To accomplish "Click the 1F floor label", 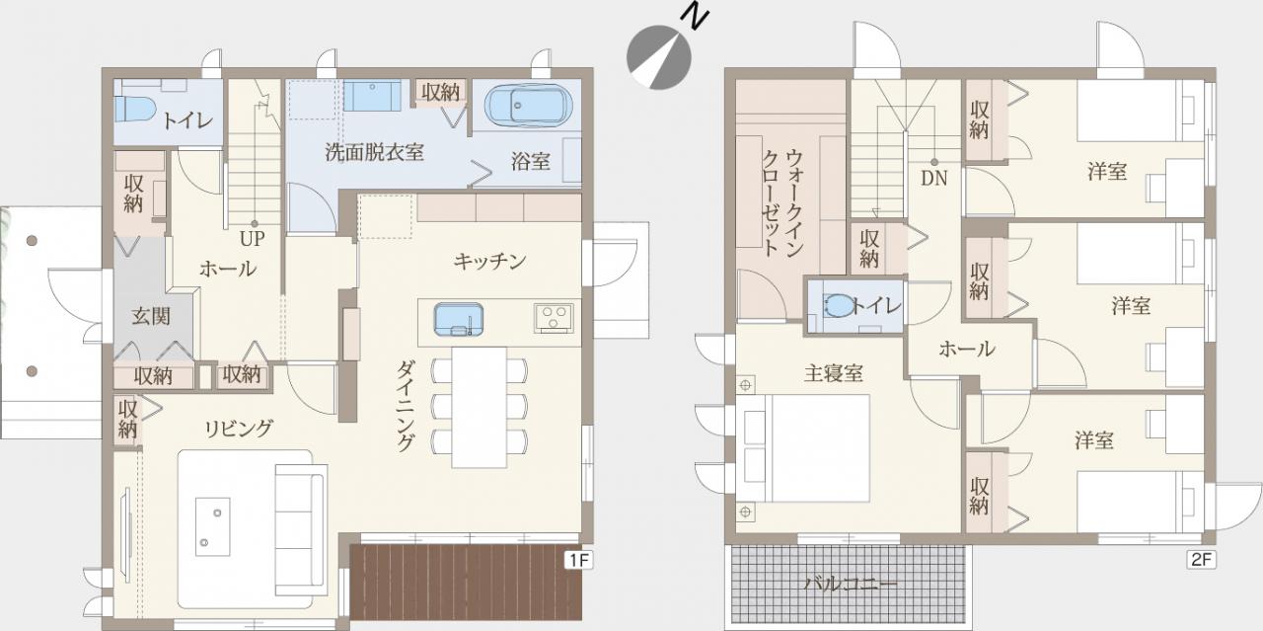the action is click(x=578, y=560).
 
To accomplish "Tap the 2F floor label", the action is click(x=1201, y=559).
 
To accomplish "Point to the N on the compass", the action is click(x=695, y=18).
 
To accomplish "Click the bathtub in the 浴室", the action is click(x=528, y=106).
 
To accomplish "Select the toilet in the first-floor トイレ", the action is click(x=135, y=109).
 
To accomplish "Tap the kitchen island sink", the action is click(x=459, y=320).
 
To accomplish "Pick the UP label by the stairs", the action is click(x=252, y=239).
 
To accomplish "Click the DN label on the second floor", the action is click(x=933, y=179).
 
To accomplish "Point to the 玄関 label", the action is click(x=151, y=316).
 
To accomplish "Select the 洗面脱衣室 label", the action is click(x=374, y=152).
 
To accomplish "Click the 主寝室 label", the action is click(x=834, y=373).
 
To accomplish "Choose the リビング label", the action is click(x=239, y=429).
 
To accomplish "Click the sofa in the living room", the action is click(x=301, y=530).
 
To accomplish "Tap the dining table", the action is click(x=480, y=407).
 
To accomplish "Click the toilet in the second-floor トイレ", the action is click(x=838, y=305).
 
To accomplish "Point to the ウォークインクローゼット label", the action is click(x=783, y=203).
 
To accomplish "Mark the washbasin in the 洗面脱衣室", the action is click(x=372, y=96).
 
